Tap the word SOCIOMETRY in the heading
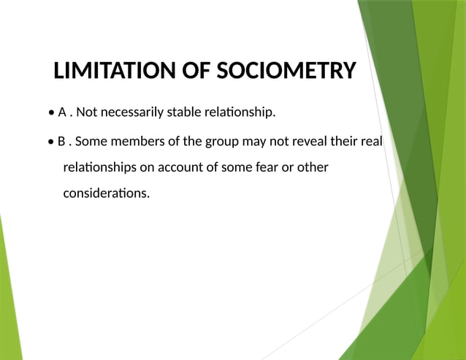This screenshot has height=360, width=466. pyautogui.click(x=286, y=72)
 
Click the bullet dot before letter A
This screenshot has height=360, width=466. pyautogui.click(x=50, y=113)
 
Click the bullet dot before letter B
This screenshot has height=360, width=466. pyautogui.click(x=50, y=141)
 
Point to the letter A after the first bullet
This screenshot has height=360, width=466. pyautogui.click(x=62, y=112)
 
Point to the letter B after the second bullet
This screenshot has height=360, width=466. pyautogui.click(x=62, y=140)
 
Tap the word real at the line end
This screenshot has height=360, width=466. pyautogui.click(x=371, y=140)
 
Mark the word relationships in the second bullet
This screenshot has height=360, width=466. pyautogui.click(x=99, y=168)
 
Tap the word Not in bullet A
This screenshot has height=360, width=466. pyautogui.click(x=86, y=112)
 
